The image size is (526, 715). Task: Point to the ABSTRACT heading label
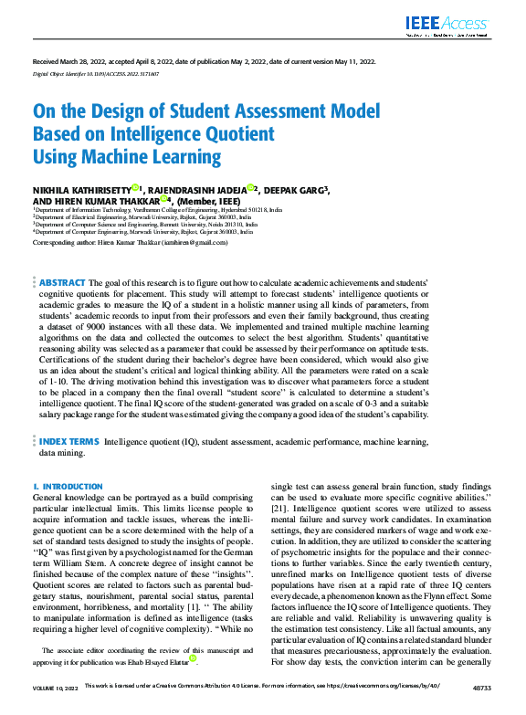tap(62, 284)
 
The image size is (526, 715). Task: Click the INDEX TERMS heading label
tap(68, 440)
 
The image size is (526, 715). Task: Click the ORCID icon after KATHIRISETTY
tap(135, 188)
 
